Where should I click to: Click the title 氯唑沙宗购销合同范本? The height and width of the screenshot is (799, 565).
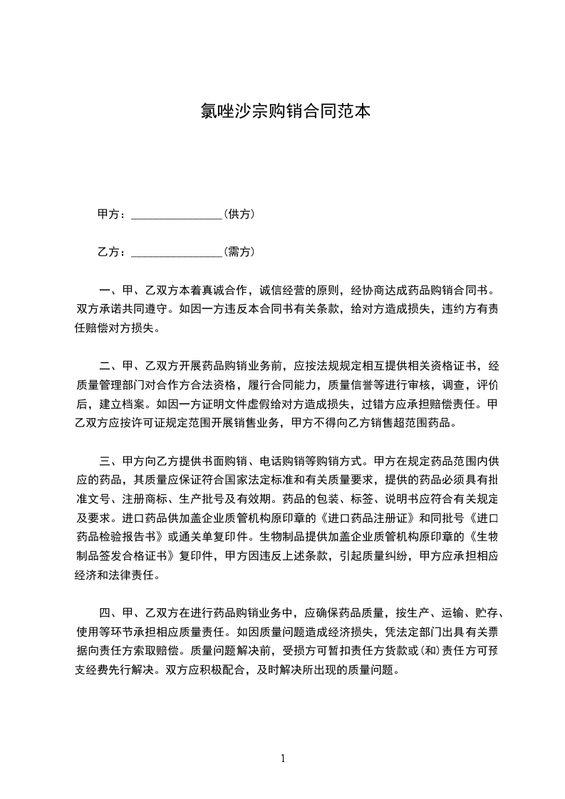[282, 112]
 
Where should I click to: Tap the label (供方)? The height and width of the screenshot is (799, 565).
[239, 214]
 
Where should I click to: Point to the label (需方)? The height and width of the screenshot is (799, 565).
[239, 252]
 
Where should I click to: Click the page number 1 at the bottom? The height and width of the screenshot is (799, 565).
[283, 758]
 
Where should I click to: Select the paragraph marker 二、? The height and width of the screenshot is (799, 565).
[110, 367]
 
